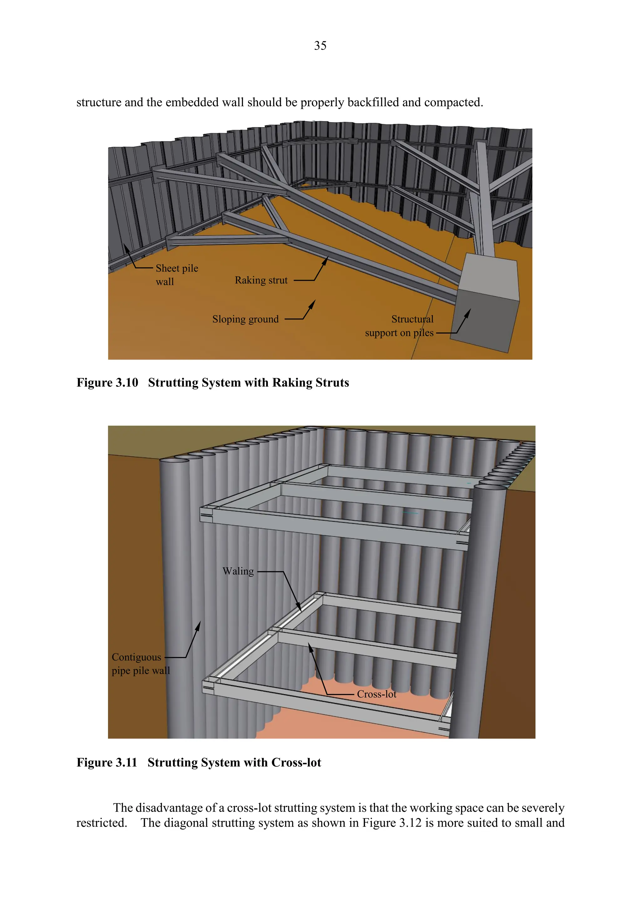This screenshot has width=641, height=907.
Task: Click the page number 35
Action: [x=320, y=46]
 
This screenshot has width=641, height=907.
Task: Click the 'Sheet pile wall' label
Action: [x=177, y=275]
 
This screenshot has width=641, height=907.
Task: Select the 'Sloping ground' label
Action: [x=245, y=319]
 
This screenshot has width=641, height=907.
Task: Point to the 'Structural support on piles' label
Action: [x=399, y=326]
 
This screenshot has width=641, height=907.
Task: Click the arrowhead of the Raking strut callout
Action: [x=326, y=260]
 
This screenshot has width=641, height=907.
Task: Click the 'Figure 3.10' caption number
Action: [x=107, y=382]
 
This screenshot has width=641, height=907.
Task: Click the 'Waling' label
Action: [x=238, y=571]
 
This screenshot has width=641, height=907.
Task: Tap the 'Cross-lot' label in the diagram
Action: [x=376, y=694]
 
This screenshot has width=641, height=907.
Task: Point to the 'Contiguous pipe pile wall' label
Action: [x=141, y=664]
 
